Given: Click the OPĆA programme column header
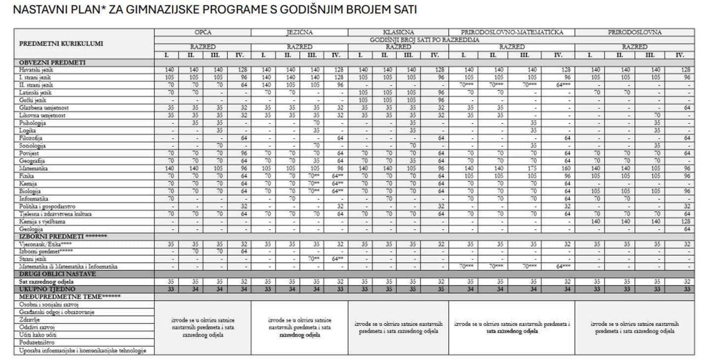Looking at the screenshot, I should (203, 33).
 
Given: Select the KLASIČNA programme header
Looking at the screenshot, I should (398, 33).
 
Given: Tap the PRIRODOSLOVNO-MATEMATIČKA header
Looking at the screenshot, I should (512, 33).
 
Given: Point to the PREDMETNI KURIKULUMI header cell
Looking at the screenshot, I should (61, 43).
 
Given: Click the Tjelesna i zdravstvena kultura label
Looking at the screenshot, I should (55, 214).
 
